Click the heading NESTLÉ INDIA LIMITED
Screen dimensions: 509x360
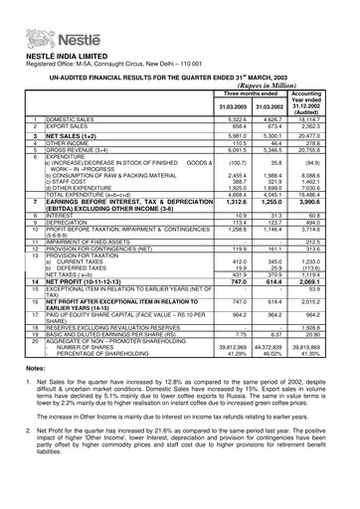click(51, 36)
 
